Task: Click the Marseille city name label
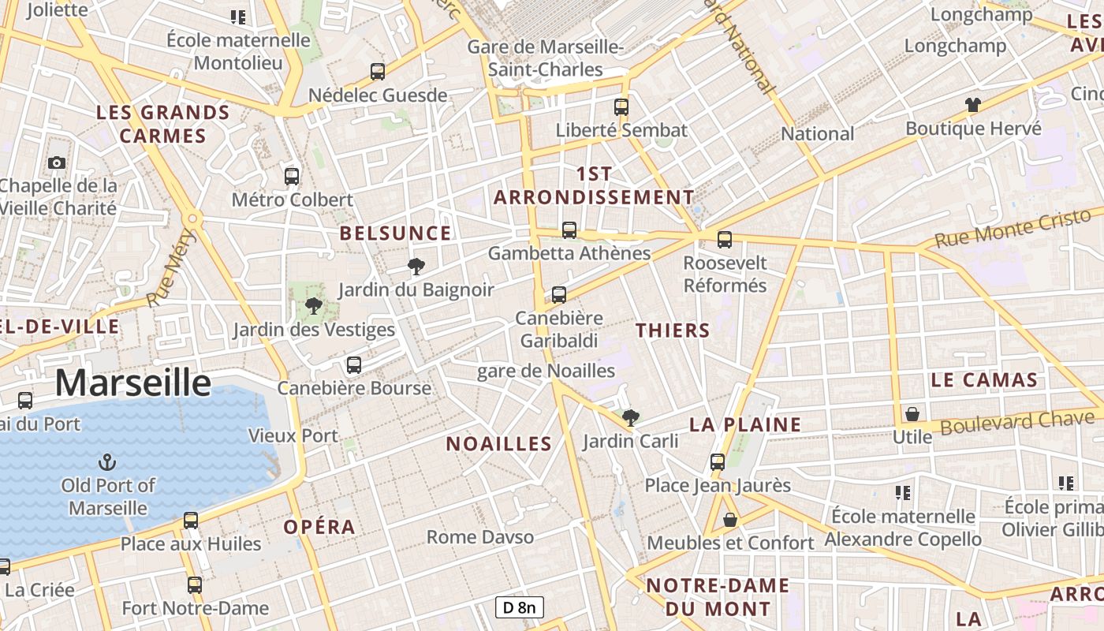point(132,383)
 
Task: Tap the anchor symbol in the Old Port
point(106,461)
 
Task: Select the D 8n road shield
point(520,607)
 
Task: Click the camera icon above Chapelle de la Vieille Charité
point(57,162)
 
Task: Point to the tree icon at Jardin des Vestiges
point(313,306)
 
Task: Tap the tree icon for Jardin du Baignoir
point(416,266)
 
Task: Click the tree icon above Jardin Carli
point(629,417)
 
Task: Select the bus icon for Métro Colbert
point(292,176)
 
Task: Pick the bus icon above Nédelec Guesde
point(378,72)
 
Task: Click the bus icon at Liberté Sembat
point(621,106)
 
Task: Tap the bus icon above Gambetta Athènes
point(569,230)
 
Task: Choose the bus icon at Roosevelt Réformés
point(725,239)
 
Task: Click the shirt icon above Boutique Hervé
point(972,104)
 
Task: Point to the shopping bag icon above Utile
point(912,413)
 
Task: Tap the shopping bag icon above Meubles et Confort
point(730,520)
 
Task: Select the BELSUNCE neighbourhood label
point(395,233)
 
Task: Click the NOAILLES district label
point(498,444)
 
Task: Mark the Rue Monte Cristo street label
point(1013,228)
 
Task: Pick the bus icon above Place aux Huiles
point(191,520)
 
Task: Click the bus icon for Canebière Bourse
point(354,364)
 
